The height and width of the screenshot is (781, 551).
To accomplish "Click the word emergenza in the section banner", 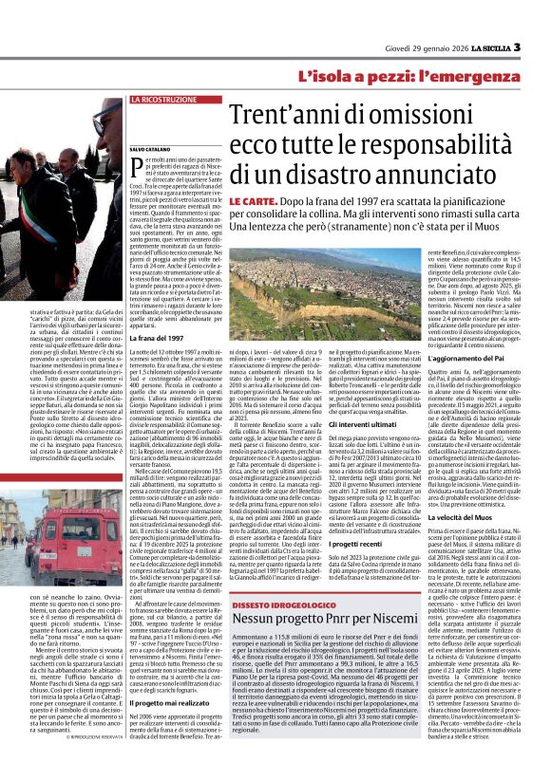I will point(502,75).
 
